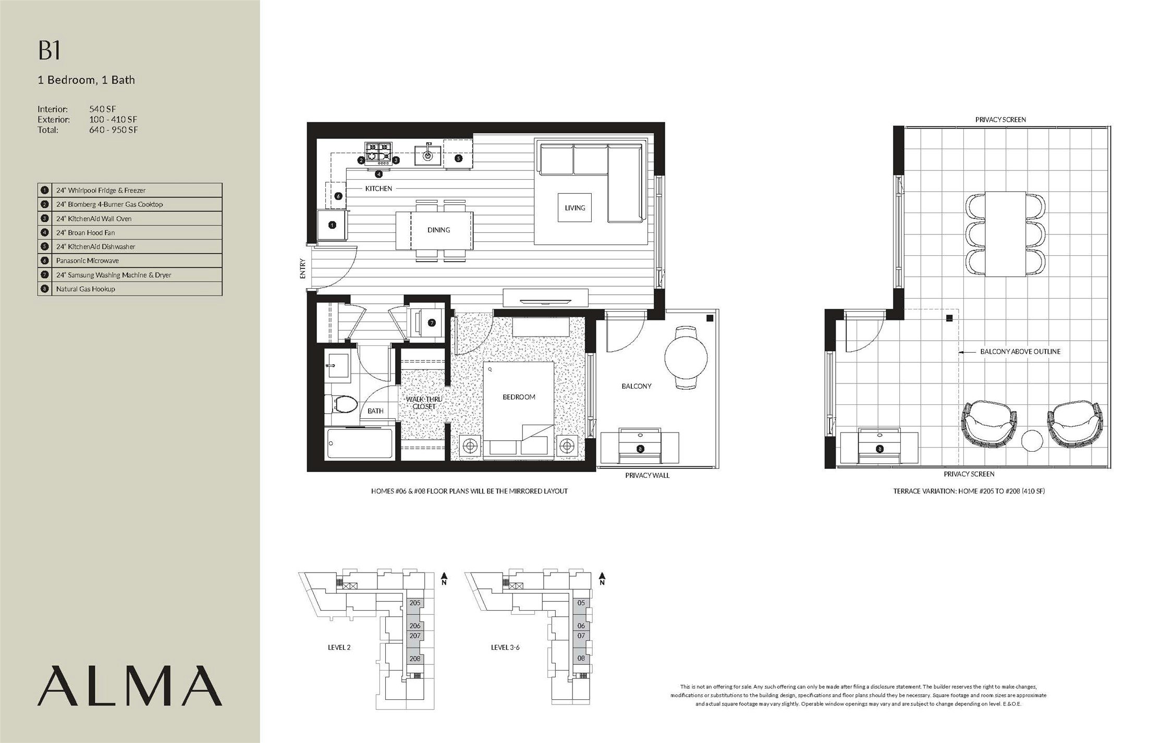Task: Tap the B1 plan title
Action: pos(50,51)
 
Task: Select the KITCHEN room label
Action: pos(378,188)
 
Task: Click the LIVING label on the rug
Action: pos(575,207)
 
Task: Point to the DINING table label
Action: pos(438,230)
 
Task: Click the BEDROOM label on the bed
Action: pos(519,397)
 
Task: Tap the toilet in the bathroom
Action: pos(341,403)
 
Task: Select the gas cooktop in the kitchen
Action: pos(378,154)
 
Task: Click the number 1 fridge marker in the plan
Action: pos(332,225)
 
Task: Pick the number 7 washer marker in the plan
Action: pos(432,323)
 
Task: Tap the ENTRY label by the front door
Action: pos(302,269)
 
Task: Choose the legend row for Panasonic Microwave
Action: pos(130,261)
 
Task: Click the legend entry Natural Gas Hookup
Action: pos(130,289)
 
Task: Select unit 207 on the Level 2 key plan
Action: pos(415,636)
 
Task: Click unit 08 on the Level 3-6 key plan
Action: pos(581,658)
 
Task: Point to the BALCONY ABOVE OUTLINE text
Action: pos(1020,352)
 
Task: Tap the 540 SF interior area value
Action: pos(103,109)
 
